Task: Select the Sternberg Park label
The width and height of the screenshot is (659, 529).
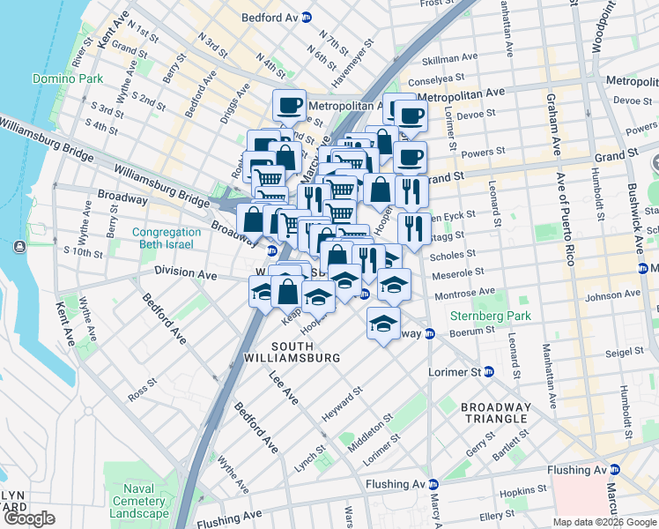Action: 482,315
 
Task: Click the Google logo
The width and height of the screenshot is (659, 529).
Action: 29,519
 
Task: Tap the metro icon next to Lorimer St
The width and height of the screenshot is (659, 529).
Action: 489,372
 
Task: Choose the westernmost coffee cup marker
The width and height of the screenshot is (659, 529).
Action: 289,107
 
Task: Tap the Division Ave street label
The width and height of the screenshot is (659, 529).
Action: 185,273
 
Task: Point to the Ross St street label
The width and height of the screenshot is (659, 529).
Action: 142,390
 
